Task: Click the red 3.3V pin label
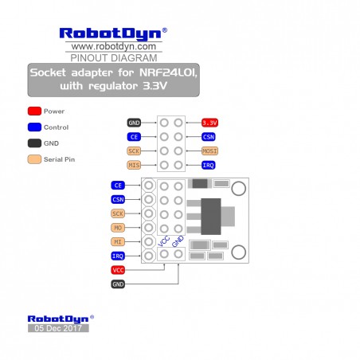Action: point(209,123)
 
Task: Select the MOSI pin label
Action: point(209,151)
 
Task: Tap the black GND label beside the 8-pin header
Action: point(134,123)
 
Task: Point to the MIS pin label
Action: point(134,165)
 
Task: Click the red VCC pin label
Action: point(118,270)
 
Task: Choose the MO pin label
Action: point(118,228)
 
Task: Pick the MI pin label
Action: point(118,242)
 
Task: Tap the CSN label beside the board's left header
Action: point(118,199)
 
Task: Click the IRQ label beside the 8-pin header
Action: point(209,165)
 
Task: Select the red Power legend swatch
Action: point(34,111)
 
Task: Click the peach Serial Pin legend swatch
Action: point(34,159)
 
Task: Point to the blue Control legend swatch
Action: point(34,127)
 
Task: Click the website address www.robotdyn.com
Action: point(114,46)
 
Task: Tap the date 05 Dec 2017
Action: point(58,328)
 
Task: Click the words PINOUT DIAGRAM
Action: point(114,58)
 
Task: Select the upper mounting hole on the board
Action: point(239,188)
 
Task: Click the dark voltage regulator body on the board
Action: point(211,217)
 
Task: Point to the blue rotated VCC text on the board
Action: point(163,241)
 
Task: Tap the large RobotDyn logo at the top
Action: point(113,34)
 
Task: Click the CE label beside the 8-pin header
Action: point(134,137)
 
